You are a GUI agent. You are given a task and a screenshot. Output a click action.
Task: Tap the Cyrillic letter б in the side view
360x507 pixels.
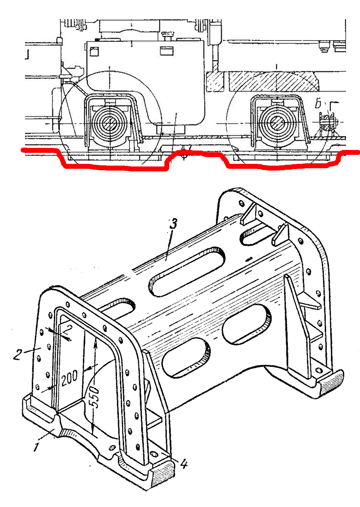318,104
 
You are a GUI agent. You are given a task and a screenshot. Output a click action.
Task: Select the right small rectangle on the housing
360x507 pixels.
167,51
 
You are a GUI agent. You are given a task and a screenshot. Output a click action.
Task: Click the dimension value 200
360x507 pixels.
69,378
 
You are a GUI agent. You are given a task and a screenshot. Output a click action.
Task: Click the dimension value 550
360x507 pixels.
95,397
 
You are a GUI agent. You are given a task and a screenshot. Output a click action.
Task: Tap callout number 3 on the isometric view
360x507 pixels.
173,224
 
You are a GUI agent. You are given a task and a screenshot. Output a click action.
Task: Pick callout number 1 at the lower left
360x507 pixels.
36,447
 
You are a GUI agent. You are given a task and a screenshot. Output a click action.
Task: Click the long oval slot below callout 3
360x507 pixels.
187,271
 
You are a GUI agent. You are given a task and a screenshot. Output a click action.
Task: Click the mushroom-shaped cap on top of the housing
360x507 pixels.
168,36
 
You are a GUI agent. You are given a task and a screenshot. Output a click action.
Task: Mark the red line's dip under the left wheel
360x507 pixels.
113,168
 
